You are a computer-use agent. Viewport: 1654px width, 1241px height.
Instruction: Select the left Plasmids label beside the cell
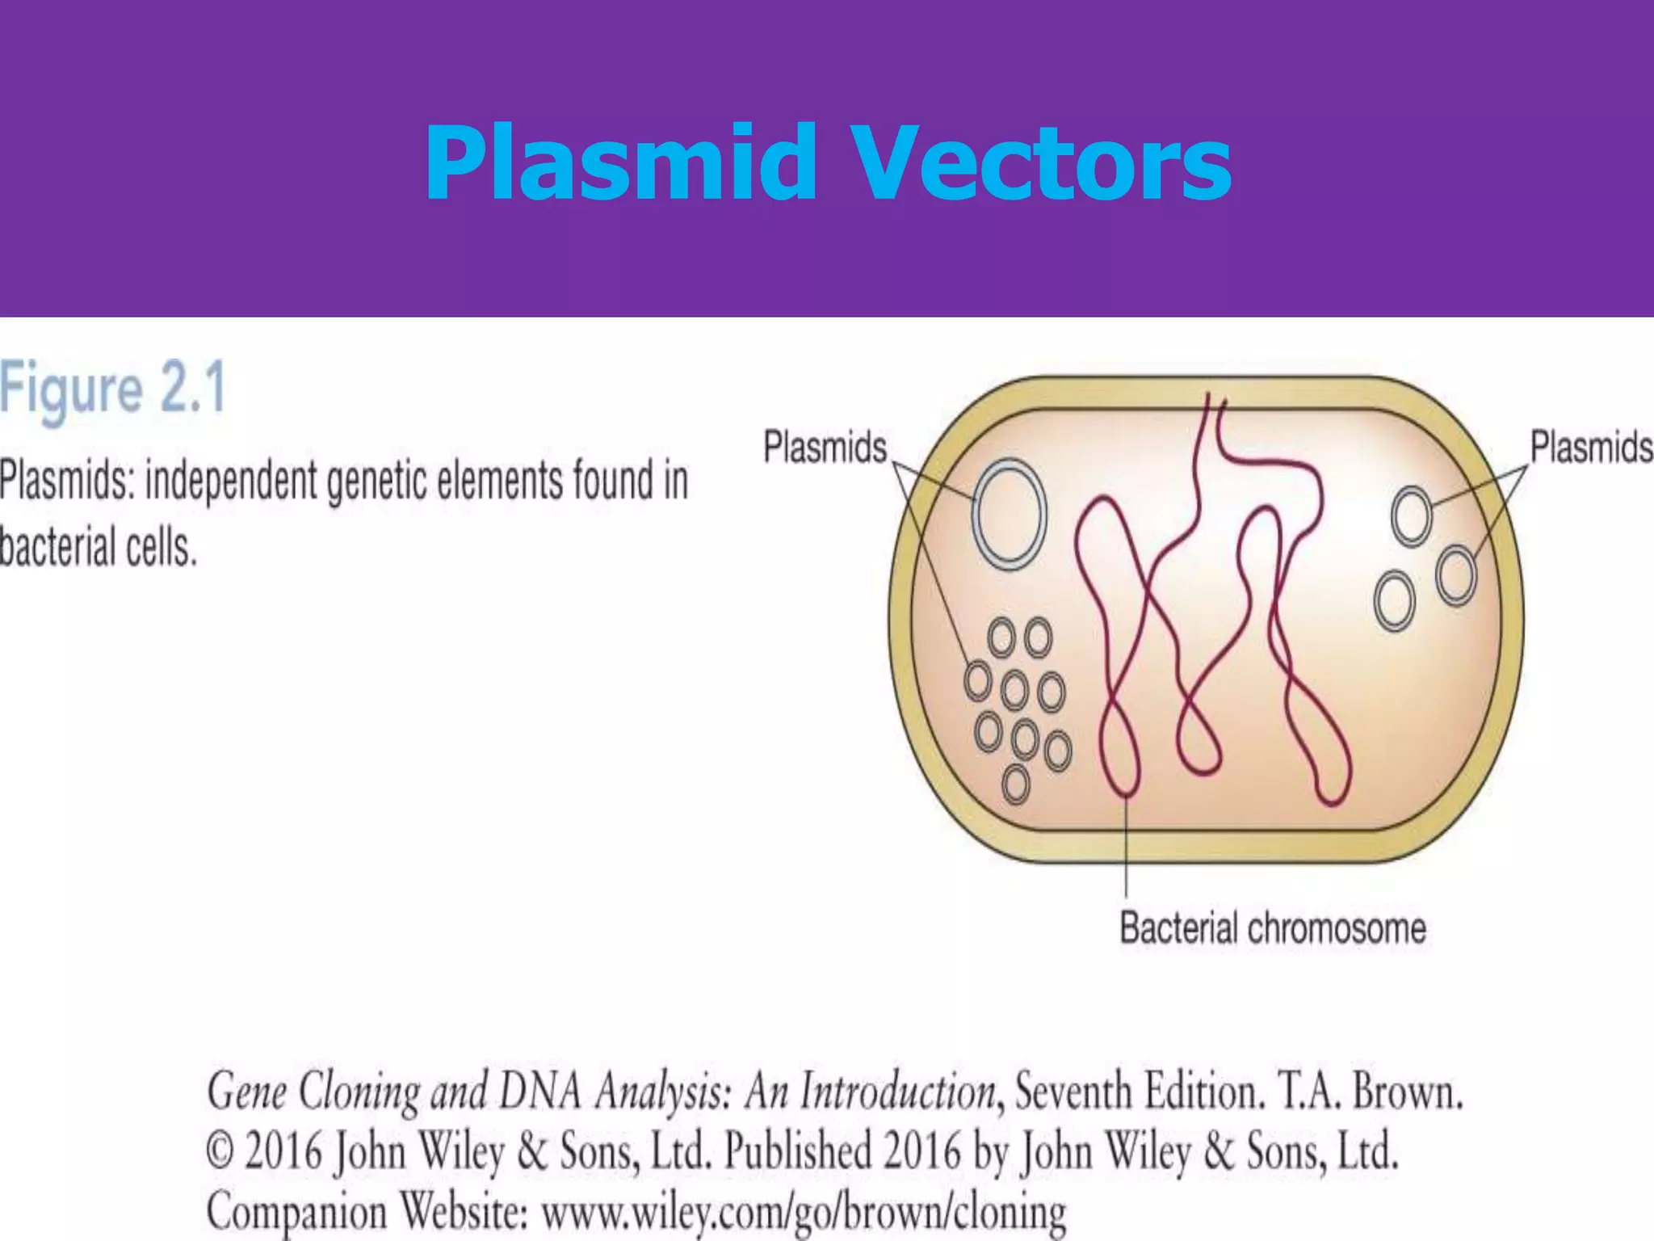point(825,447)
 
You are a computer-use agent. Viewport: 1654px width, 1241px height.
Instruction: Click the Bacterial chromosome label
point(1272,928)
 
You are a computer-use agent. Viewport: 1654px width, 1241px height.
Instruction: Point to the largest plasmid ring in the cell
point(1009,514)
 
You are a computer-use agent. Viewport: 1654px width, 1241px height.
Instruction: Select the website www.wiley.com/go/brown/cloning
point(804,1212)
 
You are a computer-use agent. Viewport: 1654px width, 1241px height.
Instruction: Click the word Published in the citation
point(797,1151)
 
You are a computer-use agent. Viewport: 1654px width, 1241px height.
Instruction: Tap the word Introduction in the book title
point(897,1092)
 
